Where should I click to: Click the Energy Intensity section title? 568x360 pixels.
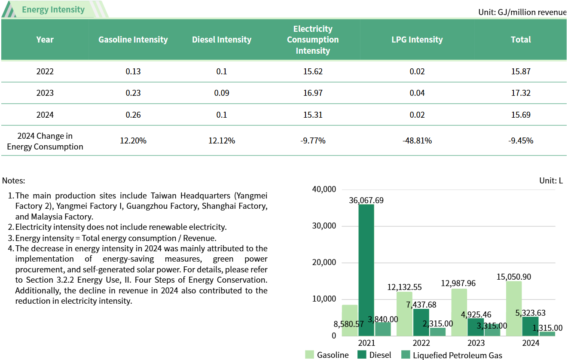tap(53, 9)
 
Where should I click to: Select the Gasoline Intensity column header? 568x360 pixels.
tap(133, 40)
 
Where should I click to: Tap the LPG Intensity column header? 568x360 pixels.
tap(417, 40)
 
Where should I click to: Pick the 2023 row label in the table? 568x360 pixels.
tap(45, 93)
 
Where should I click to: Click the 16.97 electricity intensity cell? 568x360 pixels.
tap(312, 93)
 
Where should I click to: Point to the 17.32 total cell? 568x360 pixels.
tap(521, 93)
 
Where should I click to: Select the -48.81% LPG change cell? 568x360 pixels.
tap(417, 140)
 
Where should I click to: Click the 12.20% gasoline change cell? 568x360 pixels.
tap(133, 140)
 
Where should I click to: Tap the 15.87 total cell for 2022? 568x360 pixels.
tap(521, 71)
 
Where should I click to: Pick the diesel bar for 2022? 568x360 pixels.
tap(421, 322)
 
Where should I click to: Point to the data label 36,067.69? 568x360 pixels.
tap(366, 200)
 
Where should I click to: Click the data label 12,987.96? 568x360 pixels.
tap(459, 284)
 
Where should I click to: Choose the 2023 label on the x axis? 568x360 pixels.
tap(476, 343)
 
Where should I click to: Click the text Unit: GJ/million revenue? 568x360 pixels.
tap(522, 12)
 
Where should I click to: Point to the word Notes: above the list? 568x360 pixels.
tap(14, 181)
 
